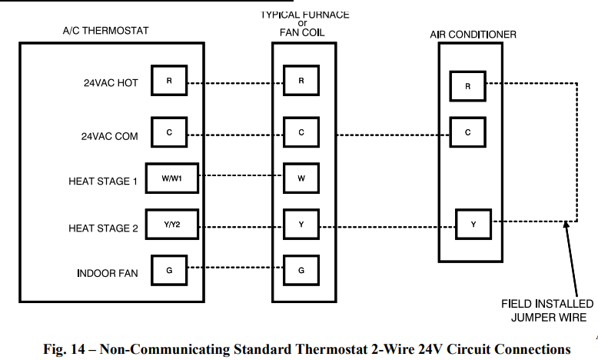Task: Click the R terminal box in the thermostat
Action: tap(169, 81)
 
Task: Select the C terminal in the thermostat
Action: tap(169, 132)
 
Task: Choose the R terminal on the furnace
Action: tap(301, 81)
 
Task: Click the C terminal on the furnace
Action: tap(301, 132)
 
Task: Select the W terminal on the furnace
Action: tap(301, 179)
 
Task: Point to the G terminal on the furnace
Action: tap(301, 270)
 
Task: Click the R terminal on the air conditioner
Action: tap(467, 86)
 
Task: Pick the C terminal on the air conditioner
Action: tap(467, 132)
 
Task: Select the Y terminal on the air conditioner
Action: tap(473, 225)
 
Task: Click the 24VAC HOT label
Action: tap(111, 83)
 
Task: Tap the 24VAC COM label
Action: tap(110, 136)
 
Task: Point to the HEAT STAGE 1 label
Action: tap(103, 182)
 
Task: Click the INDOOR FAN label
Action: tap(108, 273)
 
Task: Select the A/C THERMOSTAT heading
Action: tap(105, 31)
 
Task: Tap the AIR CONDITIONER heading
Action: tap(473, 35)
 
